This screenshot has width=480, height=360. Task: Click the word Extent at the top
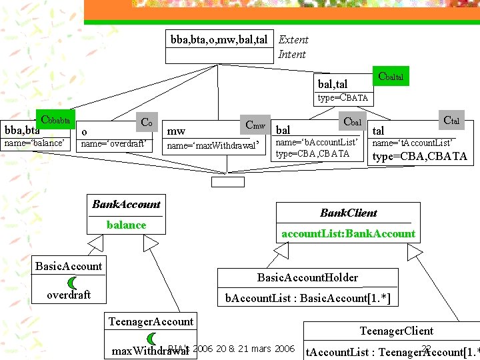point(293,40)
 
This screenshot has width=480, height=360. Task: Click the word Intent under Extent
point(292,55)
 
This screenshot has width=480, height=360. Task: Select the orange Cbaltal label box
point(390,77)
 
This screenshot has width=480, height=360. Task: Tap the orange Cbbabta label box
point(56,120)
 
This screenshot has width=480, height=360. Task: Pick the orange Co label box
point(146,123)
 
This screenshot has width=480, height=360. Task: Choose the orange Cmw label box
point(255,125)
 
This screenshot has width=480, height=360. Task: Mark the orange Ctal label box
point(451,120)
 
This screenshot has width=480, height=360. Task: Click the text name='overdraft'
point(113,143)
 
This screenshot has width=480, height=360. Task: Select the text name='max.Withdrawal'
point(211,145)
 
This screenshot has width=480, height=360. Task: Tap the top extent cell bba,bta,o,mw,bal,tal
point(219,40)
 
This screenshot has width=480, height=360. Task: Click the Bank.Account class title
point(126,204)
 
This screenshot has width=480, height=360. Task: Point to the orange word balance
point(126,225)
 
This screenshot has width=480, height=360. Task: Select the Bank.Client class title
point(348,213)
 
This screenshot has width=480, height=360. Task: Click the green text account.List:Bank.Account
point(348,233)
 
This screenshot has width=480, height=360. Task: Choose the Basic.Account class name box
point(69,266)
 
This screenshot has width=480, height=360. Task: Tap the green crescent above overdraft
point(72,283)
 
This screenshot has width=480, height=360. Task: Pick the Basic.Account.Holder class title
point(307,277)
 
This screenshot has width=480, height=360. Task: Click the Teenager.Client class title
point(396,331)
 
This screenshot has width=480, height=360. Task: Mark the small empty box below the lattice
point(228,181)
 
